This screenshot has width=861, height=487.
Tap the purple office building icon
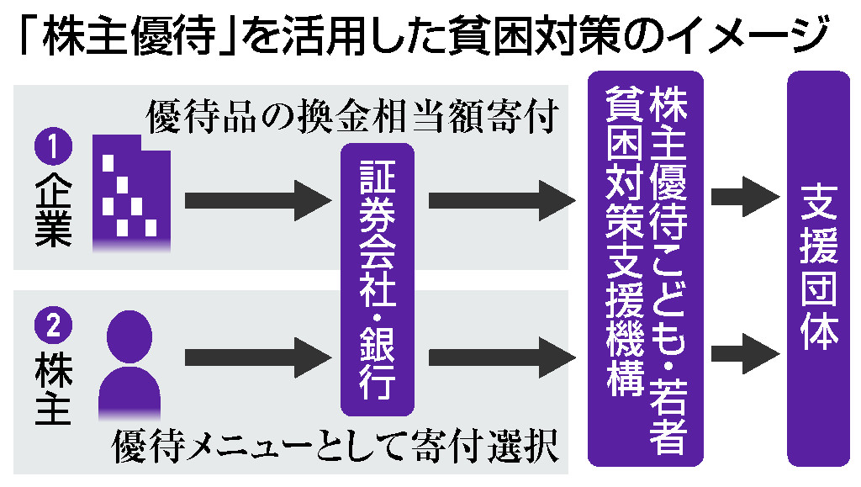[x=131, y=194]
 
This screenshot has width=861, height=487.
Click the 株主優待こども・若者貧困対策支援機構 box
[x=645, y=269]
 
